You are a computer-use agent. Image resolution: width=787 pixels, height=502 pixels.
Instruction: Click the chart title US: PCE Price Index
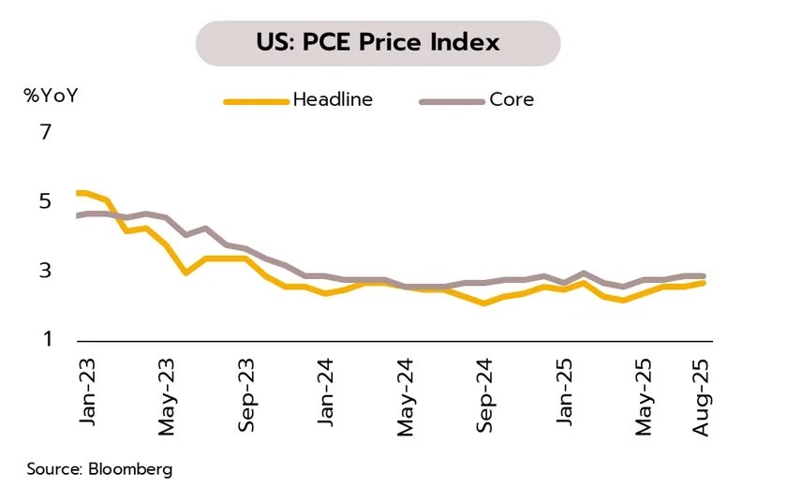click(x=378, y=42)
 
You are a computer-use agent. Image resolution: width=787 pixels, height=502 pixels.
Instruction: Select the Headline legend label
click(x=333, y=99)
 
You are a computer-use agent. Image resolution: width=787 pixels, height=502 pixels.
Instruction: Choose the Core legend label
click(x=511, y=99)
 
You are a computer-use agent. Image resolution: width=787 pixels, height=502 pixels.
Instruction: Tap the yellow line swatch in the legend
click(x=255, y=100)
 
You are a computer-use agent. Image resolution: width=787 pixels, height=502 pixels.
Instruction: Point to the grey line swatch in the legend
click(x=450, y=100)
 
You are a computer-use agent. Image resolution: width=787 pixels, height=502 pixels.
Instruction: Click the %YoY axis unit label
click(x=52, y=96)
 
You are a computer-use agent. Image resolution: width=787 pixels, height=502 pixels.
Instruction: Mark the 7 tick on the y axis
click(x=45, y=132)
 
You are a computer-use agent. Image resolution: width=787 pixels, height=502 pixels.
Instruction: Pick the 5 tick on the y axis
click(x=45, y=201)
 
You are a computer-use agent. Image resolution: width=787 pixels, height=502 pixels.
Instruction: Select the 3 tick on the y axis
click(x=45, y=271)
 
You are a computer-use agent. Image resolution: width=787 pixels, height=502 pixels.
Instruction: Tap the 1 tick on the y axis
click(x=45, y=339)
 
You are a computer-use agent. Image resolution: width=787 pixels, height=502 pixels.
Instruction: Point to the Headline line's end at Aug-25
click(x=704, y=282)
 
